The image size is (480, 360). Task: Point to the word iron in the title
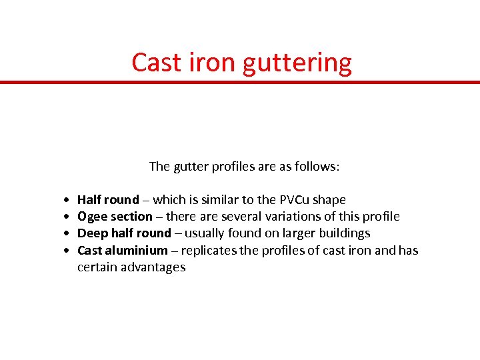212,63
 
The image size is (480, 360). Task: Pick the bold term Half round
108,200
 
